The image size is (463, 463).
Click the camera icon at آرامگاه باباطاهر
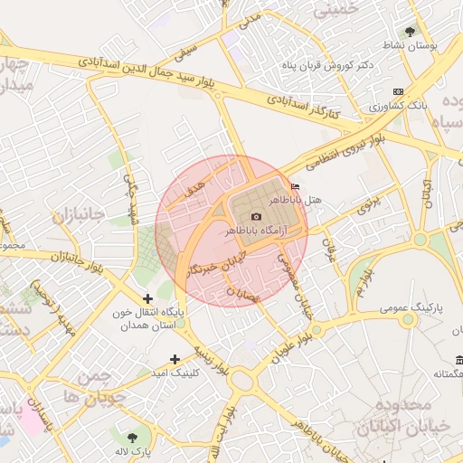(x=256, y=217)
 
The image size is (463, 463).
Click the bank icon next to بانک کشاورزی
(x=399, y=92)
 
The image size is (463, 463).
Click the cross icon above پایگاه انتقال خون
(x=148, y=298)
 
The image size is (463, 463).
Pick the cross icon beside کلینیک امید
(x=175, y=360)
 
